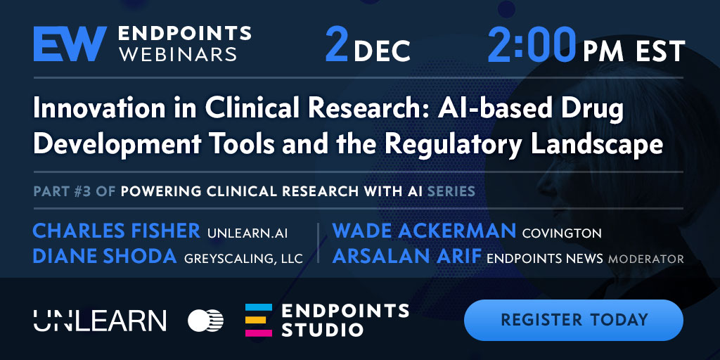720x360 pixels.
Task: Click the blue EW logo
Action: pos(70,44)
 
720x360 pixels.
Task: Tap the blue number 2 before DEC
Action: pos(337,44)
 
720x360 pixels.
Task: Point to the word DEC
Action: pos(382,51)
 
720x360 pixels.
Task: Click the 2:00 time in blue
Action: pos(532,44)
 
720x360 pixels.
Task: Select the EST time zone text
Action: pos(660,51)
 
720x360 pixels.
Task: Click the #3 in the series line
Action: pos(83,191)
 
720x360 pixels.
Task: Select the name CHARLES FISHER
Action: pos(117,231)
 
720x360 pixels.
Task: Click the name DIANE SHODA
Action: pos(105,256)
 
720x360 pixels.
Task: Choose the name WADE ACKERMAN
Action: pos(424,231)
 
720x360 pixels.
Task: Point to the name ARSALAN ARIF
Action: pos(406,256)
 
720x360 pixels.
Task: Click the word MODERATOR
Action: pos(645,259)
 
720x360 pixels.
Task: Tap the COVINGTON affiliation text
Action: pos(562,233)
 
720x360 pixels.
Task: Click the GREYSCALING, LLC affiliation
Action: pos(243,259)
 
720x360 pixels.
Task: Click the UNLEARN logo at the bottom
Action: pos(100,321)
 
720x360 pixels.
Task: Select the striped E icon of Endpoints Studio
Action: pos(259,320)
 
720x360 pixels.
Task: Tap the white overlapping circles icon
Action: pos(206,321)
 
